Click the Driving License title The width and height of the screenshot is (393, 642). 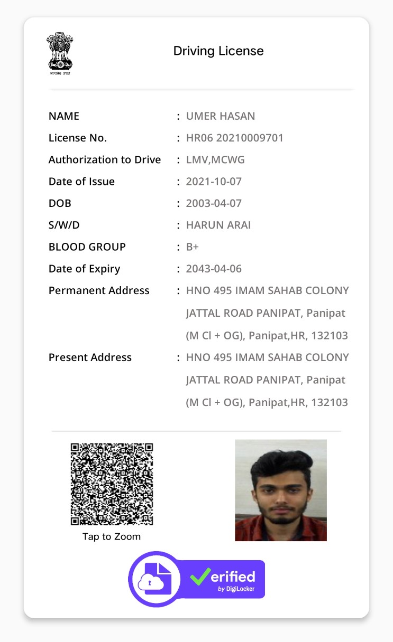pyautogui.click(x=218, y=51)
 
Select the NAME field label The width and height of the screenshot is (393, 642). pyautogui.click(x=64, y=116)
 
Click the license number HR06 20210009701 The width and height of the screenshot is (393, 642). pyautogui.click(x=235, y=138)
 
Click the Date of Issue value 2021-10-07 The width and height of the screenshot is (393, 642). pyautogui.click(x=214, y=182)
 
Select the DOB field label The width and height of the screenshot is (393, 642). pyautogui.click(x=60, y=203)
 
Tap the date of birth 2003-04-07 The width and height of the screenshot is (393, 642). pyautogui.click(x=214, y=203)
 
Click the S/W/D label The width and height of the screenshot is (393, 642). pyautogui.click(x=64, y=225)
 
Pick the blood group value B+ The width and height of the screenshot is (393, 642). pyautogui.click(x=193, y=247)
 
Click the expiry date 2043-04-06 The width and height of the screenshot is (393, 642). pyautogui.click(x=214, y=269)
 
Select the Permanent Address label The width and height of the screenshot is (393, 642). pyautogui.click(x=99, y=290)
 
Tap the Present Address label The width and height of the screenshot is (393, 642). pyautogui.click(x=90, y=357)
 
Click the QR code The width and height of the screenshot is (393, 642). pyautogui.click(x=112, y=484)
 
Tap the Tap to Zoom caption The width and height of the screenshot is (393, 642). pyautogui.click(x=112, y=537)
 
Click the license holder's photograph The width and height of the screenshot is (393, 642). pyautogui.click(x=280, y=490)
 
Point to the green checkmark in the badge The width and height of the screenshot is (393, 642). pyautogui.click(x=200, y=576)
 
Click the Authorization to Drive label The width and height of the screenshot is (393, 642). pyautogui.click(x=105, y=160)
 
